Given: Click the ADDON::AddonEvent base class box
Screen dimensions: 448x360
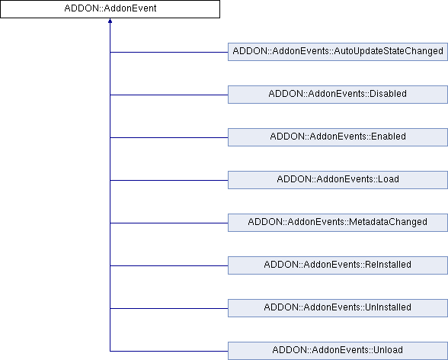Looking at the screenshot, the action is pos(110,9).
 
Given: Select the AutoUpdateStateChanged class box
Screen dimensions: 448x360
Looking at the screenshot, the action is pos(338,52).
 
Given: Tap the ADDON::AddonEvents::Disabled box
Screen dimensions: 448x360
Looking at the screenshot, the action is pos(338,95).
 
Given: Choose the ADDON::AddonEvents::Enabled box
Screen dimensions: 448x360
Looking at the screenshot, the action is pos(338,137).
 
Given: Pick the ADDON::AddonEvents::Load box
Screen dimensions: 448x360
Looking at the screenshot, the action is pos(338,180).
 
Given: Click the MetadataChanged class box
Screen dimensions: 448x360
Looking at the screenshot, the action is pos(338,223).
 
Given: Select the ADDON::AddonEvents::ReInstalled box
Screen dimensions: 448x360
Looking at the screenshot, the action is pos(338,265).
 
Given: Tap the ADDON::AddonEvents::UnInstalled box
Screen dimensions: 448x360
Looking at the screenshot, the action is pos(338,308).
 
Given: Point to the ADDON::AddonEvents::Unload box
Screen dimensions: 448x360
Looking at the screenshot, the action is pos(338,351).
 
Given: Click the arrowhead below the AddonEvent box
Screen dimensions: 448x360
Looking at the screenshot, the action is pos(110,21).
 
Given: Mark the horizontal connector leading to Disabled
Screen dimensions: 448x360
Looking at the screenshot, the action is pos(169,95).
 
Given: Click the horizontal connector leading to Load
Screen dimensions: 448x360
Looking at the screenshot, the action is pos(169,181).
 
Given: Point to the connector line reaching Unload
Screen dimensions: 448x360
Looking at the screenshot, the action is pos(169,351).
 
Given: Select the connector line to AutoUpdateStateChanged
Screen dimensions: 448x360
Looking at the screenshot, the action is pos(169,53).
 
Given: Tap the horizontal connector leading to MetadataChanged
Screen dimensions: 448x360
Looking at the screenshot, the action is pos(169,223).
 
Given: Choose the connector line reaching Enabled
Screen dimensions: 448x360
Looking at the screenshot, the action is pos(169,137).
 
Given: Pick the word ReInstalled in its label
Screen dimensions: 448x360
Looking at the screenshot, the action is pos(388,265).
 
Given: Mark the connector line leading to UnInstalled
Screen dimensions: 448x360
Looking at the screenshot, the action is pos(169,309).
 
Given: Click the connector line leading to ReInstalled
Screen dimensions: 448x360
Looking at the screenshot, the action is pos(169,266).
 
